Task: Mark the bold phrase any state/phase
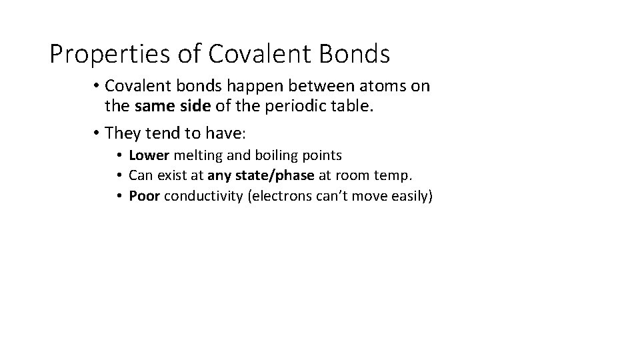(x=261, y=176)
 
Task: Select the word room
(x=363, y=176)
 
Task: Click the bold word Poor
(x=145, y=196)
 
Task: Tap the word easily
(x=410, y=196)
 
